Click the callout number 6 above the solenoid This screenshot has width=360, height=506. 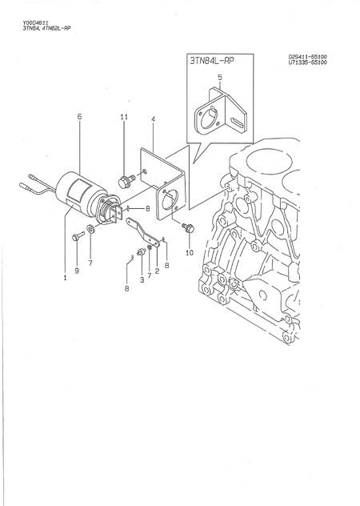coord(79,117)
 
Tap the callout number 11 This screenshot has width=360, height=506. coord(124,117)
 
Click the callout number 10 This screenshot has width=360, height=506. coord(190,252)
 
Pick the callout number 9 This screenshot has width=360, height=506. coord(77,271)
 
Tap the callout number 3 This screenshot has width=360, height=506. coord(142,279)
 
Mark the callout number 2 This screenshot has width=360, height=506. coord(157,271)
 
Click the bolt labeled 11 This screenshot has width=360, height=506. coord(125,180)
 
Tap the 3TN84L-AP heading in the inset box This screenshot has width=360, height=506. coord(213,61)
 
